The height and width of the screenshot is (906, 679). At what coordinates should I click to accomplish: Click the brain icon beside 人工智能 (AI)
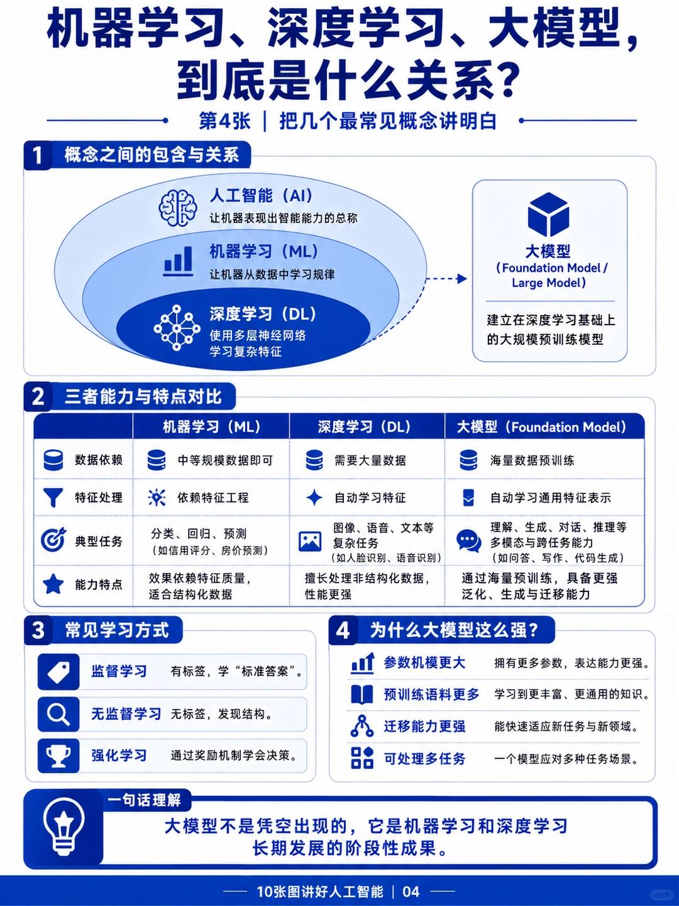click(x=177, y=207)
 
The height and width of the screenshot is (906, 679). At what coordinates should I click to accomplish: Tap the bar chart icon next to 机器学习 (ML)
click(x=178, y=261)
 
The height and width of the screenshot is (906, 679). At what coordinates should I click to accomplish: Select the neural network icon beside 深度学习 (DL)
click(x=177, y=328)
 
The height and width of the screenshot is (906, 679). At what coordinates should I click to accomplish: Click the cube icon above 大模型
click(x=548, y=215)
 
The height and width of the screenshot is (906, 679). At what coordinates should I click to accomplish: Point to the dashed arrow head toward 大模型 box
click(x=462, y=279)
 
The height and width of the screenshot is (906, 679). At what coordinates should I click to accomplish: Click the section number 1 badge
click(x=38, y=155)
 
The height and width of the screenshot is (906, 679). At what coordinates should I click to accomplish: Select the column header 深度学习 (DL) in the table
click(x=364, y=427)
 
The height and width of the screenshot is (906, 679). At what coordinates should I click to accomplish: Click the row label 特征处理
click(x=99, y=498)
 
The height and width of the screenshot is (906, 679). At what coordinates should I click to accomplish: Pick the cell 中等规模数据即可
click(x=225, y=460)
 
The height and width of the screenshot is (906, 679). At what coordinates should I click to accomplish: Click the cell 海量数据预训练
click(x=532, y=460)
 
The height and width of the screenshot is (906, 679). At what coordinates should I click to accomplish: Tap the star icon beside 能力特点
click(x=53, y=584)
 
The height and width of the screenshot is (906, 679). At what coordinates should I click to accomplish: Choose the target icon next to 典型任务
click(x=53, y=539)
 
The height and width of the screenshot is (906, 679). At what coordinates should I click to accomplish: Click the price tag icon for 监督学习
click(x=58, y=671)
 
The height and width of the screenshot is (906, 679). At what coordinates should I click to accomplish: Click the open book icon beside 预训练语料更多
click(x=362, y=694)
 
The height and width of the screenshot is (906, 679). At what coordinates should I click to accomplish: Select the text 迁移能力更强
click(x=424, y=726)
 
